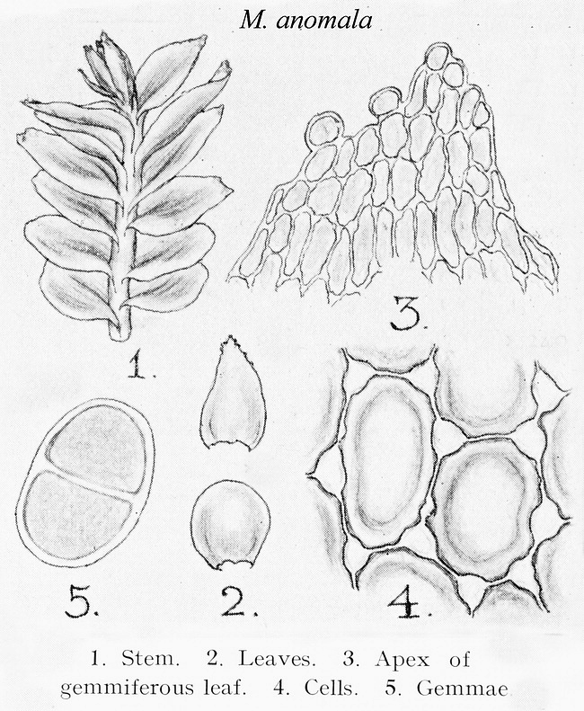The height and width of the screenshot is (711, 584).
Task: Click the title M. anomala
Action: tap(306, 20)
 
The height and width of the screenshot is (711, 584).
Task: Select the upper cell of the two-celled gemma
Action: tap(99, 448)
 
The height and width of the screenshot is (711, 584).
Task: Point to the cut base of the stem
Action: tap(119, 335)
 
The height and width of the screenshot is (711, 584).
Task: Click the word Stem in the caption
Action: tap(150, 659)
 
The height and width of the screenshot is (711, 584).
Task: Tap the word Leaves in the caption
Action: tap(277, 659)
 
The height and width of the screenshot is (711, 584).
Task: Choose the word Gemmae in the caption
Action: tap(462, 689)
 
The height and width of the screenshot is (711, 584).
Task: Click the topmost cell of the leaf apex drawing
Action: tap(437, 57)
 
